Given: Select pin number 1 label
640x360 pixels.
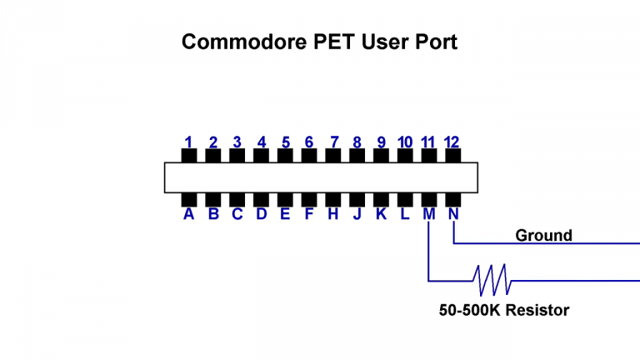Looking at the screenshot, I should pos(189,142).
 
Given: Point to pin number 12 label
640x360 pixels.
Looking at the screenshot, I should pos(452,142).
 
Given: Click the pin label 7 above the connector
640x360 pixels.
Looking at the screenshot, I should pos(334,142).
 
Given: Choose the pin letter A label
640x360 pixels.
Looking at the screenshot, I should pos(189,215).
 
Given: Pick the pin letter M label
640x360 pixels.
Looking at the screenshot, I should pos(429,215).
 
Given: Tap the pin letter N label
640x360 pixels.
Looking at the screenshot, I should pos(453,215).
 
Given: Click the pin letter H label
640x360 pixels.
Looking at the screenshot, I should pos(334,215).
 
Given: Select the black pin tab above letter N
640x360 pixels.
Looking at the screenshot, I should pos(453,198).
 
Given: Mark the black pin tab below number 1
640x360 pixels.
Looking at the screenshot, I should pos(189,156).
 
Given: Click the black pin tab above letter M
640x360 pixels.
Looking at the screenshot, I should pos(429,198).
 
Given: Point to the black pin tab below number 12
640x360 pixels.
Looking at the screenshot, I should pos(453,156).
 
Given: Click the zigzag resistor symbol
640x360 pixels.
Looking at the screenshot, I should pos(492,280).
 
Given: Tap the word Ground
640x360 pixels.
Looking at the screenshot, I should pos(543,235).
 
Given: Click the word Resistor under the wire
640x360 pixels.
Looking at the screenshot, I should pos(538,311).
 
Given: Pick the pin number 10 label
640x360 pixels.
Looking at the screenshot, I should pos(405,142).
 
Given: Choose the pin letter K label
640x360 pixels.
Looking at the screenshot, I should pos(381,215).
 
